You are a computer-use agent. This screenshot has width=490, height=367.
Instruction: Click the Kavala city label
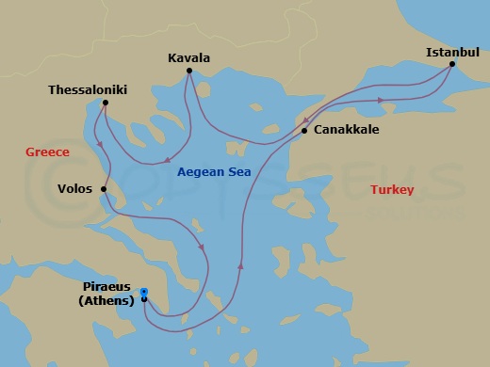[188, 57]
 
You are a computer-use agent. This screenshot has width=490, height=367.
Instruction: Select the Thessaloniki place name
[89, 90]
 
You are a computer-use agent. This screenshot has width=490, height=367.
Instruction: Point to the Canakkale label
[346, 130]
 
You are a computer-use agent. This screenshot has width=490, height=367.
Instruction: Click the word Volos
[74, 189]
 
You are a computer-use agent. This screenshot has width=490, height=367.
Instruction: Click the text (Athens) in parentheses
[106, 301]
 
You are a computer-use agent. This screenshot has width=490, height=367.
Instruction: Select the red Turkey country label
[391, 189]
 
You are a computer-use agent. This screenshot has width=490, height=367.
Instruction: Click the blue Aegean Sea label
[215, 171]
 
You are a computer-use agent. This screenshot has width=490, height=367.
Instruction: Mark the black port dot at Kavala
[189, 71]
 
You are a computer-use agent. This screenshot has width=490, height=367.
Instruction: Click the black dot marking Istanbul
[452, 64]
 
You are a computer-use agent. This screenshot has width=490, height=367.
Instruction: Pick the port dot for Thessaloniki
[105, 103]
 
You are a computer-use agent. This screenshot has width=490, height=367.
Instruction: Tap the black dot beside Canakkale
[303, 131]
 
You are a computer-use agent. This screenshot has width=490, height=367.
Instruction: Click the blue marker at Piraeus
[143, 292]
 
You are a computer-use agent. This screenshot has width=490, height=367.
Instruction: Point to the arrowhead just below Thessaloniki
[100, 143]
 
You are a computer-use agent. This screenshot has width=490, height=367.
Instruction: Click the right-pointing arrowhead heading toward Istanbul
[380, 99]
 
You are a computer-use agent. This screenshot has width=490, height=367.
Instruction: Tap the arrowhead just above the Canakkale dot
[306, 120]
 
